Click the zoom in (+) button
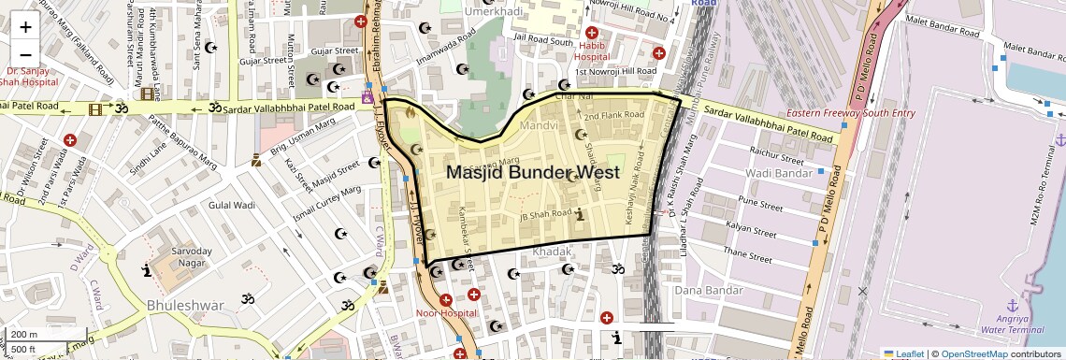25,26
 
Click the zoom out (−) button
25,54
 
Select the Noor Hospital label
445,312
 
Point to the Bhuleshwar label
185,306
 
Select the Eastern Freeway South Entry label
850,114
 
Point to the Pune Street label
760,201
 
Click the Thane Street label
752,253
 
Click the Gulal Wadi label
232,205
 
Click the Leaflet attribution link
903,354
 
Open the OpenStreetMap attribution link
973,354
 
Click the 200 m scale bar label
25,335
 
